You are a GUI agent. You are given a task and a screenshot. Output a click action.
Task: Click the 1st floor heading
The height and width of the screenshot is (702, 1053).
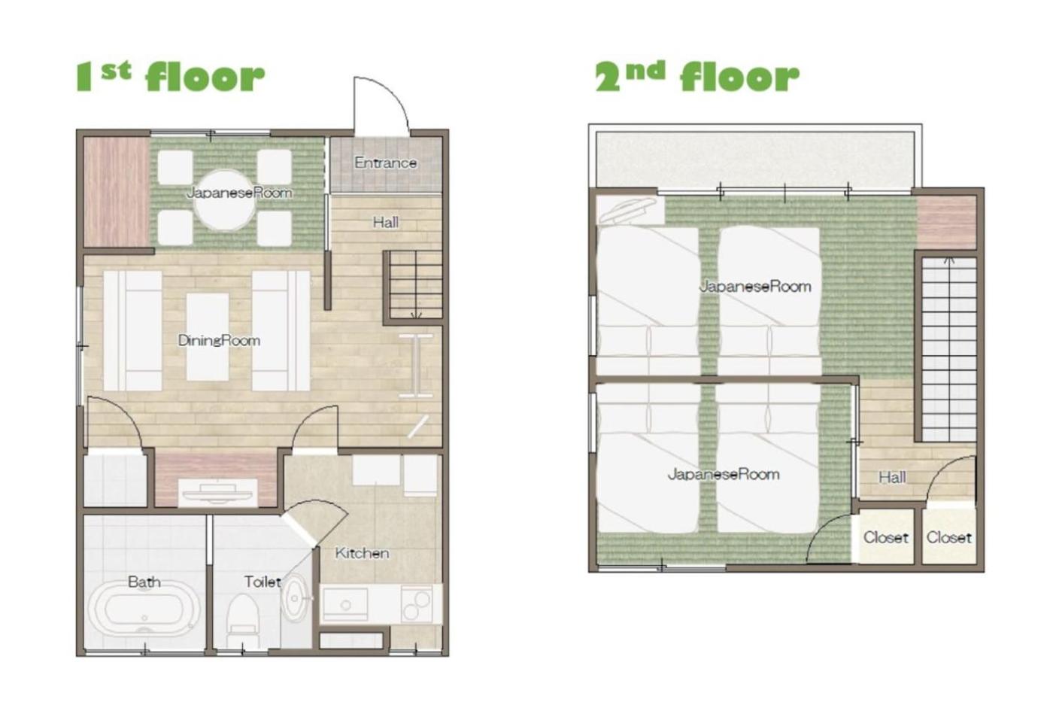pos(170,77)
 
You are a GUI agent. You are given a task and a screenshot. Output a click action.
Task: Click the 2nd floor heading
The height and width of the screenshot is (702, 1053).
pos(697,77)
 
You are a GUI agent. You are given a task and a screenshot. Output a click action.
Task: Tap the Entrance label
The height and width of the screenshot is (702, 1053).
pos(385,163)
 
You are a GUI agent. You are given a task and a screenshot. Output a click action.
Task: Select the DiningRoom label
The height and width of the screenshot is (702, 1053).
pos(219,340)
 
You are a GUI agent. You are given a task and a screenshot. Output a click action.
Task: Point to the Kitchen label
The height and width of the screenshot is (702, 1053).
pos(362,553)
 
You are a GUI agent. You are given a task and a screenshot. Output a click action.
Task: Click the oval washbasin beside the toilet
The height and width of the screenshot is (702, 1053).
pos(295,598)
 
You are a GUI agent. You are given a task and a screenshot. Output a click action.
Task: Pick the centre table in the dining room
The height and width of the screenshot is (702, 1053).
pos(208,337)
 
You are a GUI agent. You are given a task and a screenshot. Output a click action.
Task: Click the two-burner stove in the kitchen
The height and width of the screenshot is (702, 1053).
pos(417,605)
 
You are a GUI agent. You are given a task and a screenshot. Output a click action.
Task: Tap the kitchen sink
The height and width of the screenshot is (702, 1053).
pos(346,603)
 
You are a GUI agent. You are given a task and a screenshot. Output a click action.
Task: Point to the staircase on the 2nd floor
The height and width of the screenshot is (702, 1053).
pos(948,349)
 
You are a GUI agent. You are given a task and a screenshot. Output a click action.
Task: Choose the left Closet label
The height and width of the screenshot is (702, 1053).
pos(886,537)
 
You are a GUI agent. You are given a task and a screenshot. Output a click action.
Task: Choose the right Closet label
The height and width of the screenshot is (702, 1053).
pos(948,537)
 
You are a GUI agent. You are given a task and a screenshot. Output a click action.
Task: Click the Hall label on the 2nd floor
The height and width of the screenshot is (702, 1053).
pos(892,477)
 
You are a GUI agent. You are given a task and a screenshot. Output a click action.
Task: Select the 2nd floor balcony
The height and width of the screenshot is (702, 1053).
pos(755,160)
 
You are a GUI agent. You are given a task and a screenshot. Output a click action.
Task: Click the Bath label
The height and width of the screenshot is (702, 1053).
pos(144,582)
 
